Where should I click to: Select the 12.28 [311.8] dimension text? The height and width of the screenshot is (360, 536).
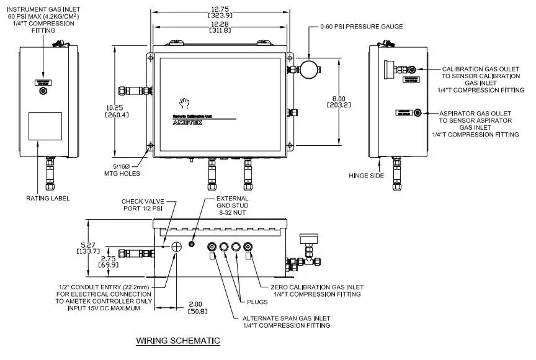[x=220, y=26]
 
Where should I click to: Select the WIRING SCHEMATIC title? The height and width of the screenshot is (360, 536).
[x=177, y=341]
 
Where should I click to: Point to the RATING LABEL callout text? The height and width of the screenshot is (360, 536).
[x=48, y=199]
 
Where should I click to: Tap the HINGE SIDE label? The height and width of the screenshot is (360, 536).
[x=367, y=176]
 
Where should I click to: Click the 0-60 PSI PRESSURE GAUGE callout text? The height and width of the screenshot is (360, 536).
[x=362, y=27]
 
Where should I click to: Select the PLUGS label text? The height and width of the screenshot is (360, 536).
[x=256, y=302]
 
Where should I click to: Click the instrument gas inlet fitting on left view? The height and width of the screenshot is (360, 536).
[x=43, y=91]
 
